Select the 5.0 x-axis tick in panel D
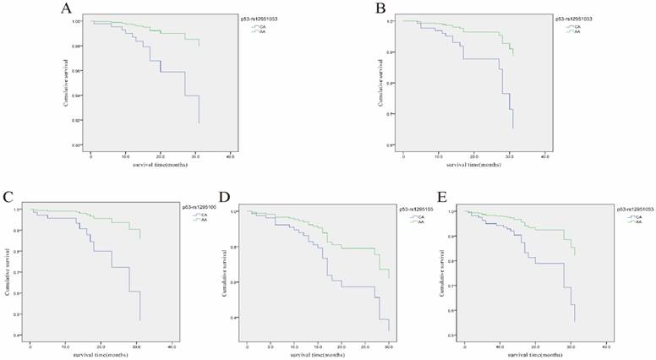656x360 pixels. pos(270,346)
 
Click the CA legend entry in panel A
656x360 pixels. pos(260,25)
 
